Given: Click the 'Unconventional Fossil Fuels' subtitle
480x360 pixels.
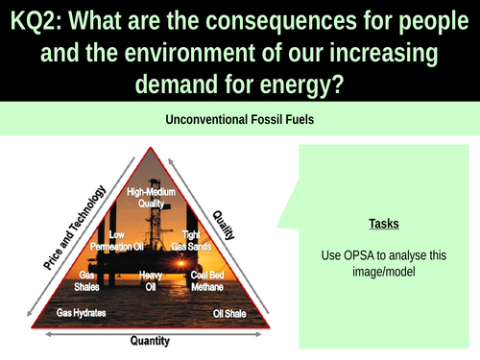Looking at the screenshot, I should click(240, 122).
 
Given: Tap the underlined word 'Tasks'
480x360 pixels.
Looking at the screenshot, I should click(384, 224).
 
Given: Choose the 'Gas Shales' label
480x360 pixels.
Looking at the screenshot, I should click(93, 279).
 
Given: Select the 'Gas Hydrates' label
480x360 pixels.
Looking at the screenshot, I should click(82, 313).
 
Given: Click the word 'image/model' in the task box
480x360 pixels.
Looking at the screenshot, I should click(384, 272).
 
